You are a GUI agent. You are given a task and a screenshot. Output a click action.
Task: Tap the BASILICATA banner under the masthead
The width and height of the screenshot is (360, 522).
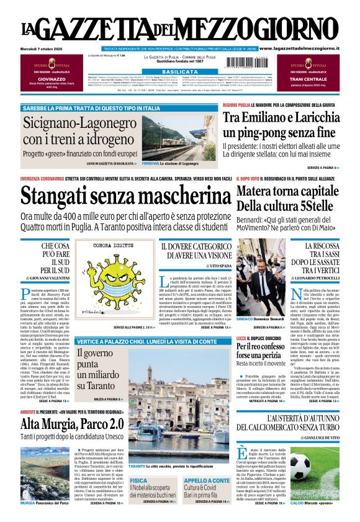pos(179,72)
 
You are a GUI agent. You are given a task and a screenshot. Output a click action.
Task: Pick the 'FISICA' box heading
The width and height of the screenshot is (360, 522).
pos(138,480)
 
